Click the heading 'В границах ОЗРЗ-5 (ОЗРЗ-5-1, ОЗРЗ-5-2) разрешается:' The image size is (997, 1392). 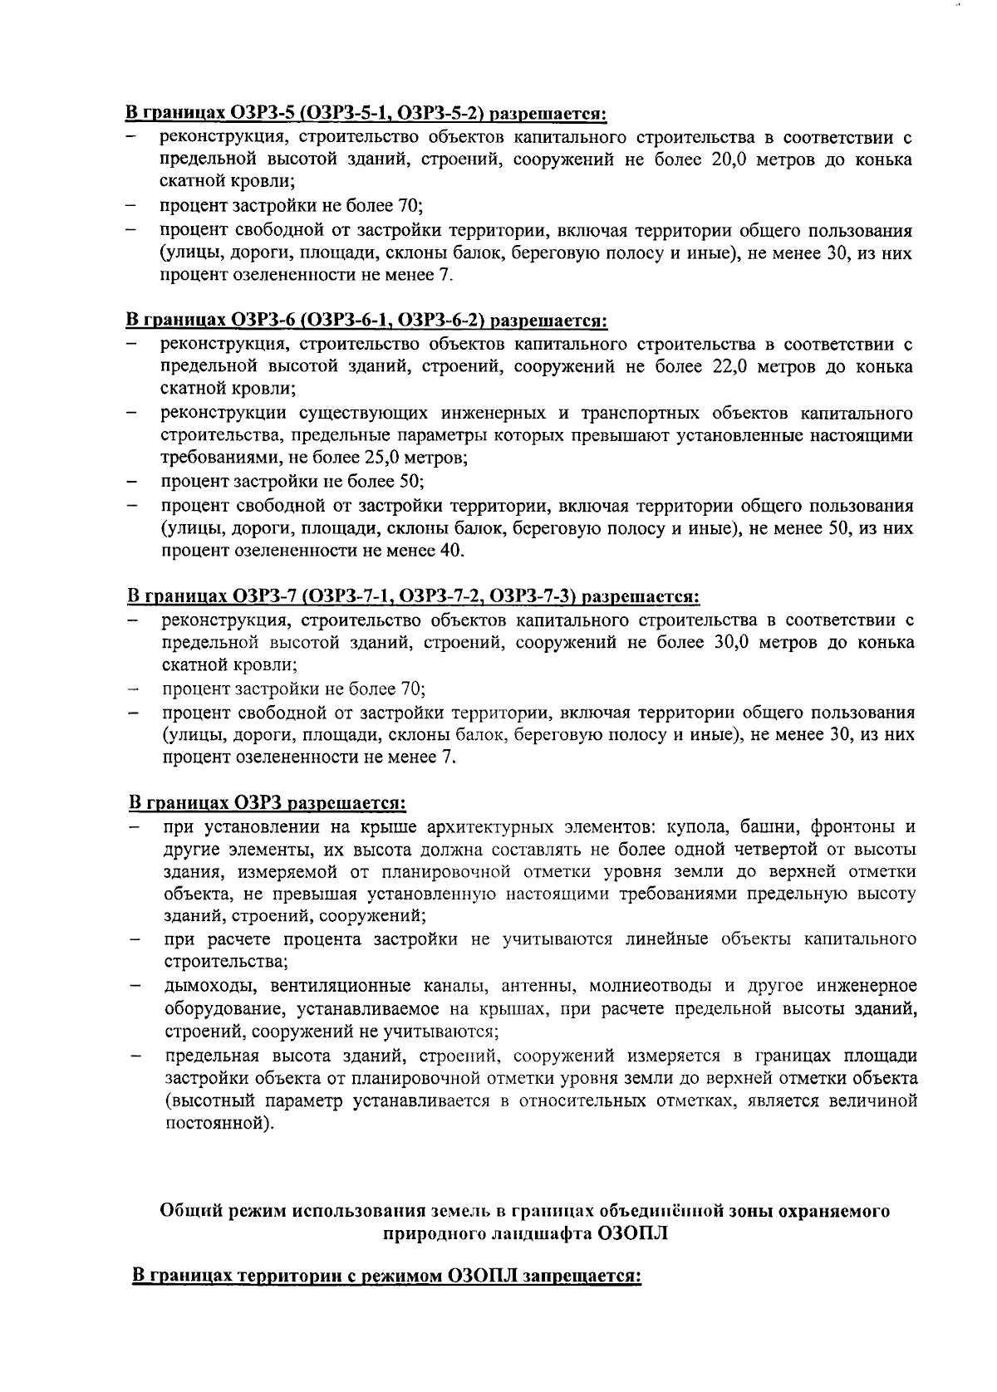pyautogui.click(x=366, y=113)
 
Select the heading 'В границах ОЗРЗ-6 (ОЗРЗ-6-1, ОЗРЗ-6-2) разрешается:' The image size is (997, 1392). pyautogui.click(x=366, y=321)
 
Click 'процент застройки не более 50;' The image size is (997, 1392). pyautogui.click(x=293, y=482)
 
